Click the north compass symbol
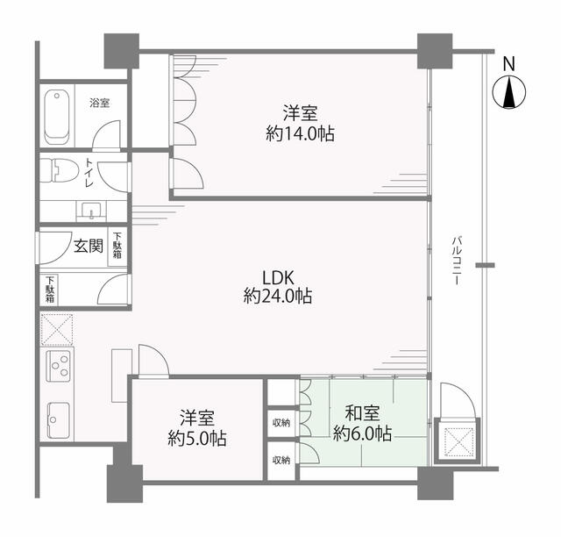(508, 90)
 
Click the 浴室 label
(99, 103)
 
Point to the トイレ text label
(90, 175)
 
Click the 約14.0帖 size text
(301, 133)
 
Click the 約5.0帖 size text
(196, 438)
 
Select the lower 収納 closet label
(280, 460)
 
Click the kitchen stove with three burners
(60, 369)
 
